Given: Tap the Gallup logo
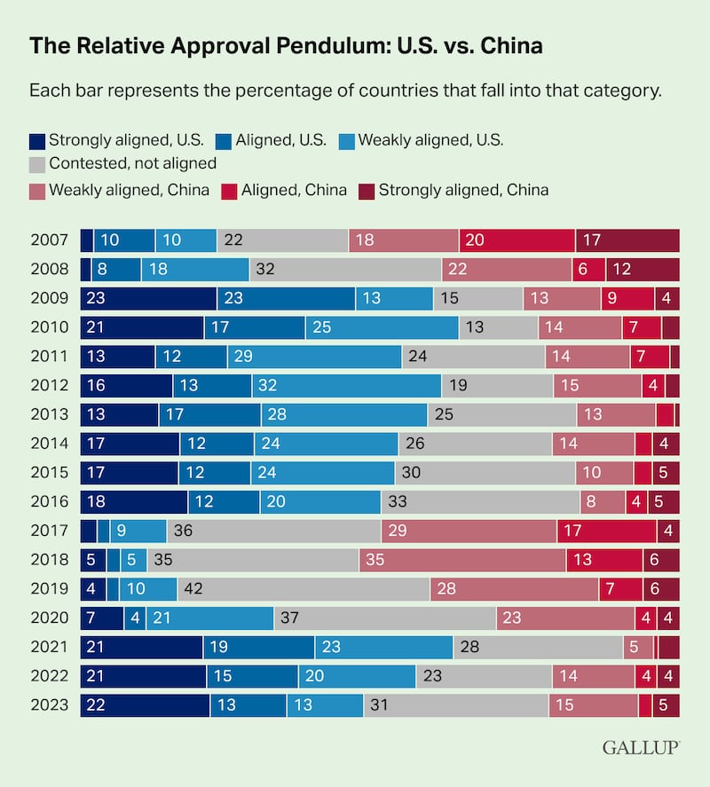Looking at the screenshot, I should tap(641, 747).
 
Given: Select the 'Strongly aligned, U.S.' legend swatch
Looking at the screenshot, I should tap(37, 140).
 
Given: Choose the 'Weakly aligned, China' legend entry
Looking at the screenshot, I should tap(119, 189).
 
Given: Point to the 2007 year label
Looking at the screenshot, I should tap(48, 240).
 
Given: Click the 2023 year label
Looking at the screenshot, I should tap(48, 704).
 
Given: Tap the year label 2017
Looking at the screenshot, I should tap(48, 531).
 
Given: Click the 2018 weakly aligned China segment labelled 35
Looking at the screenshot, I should tap(462, 560).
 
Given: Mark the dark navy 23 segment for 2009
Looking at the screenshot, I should tap(148, 299).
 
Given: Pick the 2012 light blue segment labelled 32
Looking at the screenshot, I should tap(346, 386).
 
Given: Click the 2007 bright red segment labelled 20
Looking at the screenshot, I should tap(517, 240).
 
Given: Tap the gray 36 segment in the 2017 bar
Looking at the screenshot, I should tap(273, 531).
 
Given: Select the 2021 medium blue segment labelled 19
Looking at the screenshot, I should tap(258, 647).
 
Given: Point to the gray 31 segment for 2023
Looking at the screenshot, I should tap(455, 704).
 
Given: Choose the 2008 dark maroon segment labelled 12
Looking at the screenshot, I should tap(643, 270).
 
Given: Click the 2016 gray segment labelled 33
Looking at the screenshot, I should tap(480, 502).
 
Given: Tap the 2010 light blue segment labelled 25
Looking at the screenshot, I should tap(382, 327).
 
